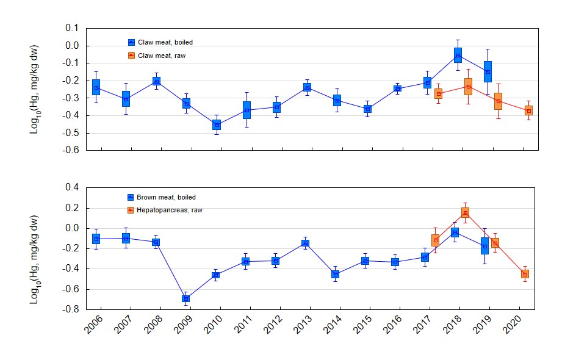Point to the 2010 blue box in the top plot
click(x=217, y=124)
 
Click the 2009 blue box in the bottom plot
click(x=185, y=298)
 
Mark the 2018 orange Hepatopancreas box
click(x=465, y=212)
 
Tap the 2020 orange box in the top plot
click(x=528, y=110)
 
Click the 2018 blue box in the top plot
click(x=458, y=55)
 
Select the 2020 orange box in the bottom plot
click(x=525, y=274)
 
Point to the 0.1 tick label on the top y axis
click(x=72, y=28)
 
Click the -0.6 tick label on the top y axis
click(x=71, y=150)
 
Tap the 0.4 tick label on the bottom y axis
click(x=72, y=187)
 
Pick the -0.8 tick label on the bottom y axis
click(x=71, y=309)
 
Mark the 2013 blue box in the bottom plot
click(x=306, y=243)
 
